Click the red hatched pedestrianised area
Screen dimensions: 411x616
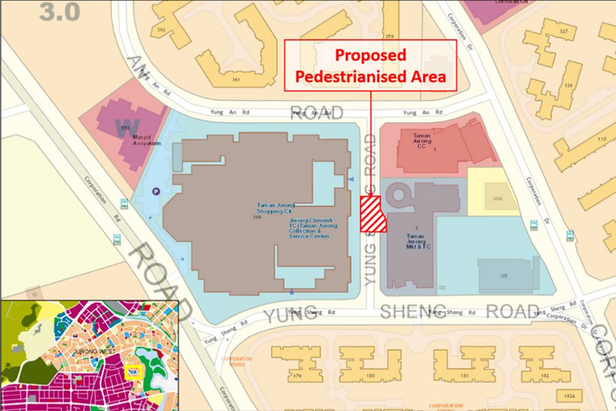tap(372, 214)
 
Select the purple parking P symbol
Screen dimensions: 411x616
tap(156, 191)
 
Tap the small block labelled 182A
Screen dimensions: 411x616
tap(569, 396)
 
